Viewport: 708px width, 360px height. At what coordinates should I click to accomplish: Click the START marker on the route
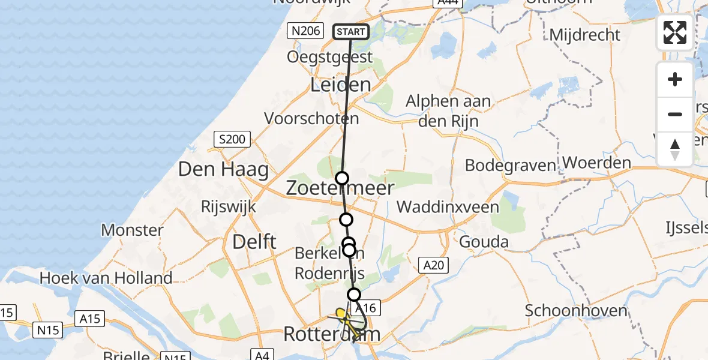(350, 32)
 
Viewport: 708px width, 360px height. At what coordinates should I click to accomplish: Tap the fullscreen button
(675, 32)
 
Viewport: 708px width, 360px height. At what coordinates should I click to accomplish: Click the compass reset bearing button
(675, 149)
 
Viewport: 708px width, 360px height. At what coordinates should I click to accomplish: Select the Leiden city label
(340, 85)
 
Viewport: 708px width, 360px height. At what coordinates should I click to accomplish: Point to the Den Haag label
(223, 169)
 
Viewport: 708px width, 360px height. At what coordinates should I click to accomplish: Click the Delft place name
(254, 242)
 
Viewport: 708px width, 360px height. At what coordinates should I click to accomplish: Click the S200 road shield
(232, 140)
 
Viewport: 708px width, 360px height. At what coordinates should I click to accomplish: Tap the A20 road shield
(433, 265)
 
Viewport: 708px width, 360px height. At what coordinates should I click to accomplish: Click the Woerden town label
(596, 163)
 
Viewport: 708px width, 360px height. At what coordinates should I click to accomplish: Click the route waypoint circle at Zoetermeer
(341, 178)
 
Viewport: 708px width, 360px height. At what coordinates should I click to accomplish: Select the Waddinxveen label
(448, 207)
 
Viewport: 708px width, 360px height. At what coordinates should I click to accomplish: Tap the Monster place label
(132, 229)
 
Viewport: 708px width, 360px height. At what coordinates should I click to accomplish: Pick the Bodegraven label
(510, 165)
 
